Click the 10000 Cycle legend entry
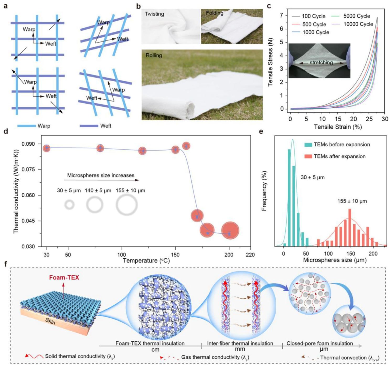pyautogui.click(x=358, y=24)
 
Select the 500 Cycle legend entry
pyautogui.click(x=314, y=24)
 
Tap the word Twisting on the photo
pyautogui.click(x=154, y=14)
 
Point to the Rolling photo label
pyautogui.click(x=154, y=55)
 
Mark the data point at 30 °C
pyautogui.click(x=46, y=148)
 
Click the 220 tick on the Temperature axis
pyautogui.click(x=250, y=254)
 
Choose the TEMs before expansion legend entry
pyautogui.click(x=341, y=145)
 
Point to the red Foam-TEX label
pyautogui.click(x=64, y=278)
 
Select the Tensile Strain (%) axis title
pyautogui.click(x=338, y=127)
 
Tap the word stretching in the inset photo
pyautogui.click(x=321, y=62)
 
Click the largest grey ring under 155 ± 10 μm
pyautogui.click(x=127, y=205)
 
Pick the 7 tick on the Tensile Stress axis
pyautogui.click(x=281, y=15)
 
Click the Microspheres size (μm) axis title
pyautogui.click(x=335, y=260)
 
